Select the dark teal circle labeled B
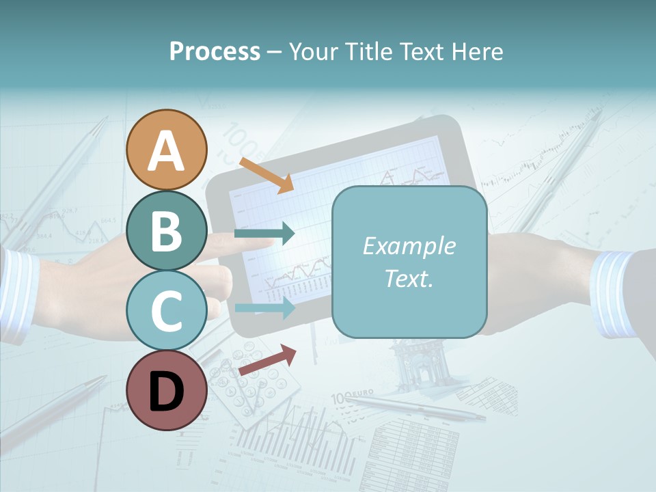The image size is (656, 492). coord(166,231)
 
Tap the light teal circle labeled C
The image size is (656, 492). coord(166,310)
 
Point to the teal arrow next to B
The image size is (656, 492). coord(264,234)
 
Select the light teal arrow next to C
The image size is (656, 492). coord(264,307)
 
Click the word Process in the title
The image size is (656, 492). coord(215,51)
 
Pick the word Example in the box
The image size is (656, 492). coord(409,246)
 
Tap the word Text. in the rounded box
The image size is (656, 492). coord(409,278)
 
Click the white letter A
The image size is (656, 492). coord(166,150)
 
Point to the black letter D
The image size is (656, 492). coord(166,391)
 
